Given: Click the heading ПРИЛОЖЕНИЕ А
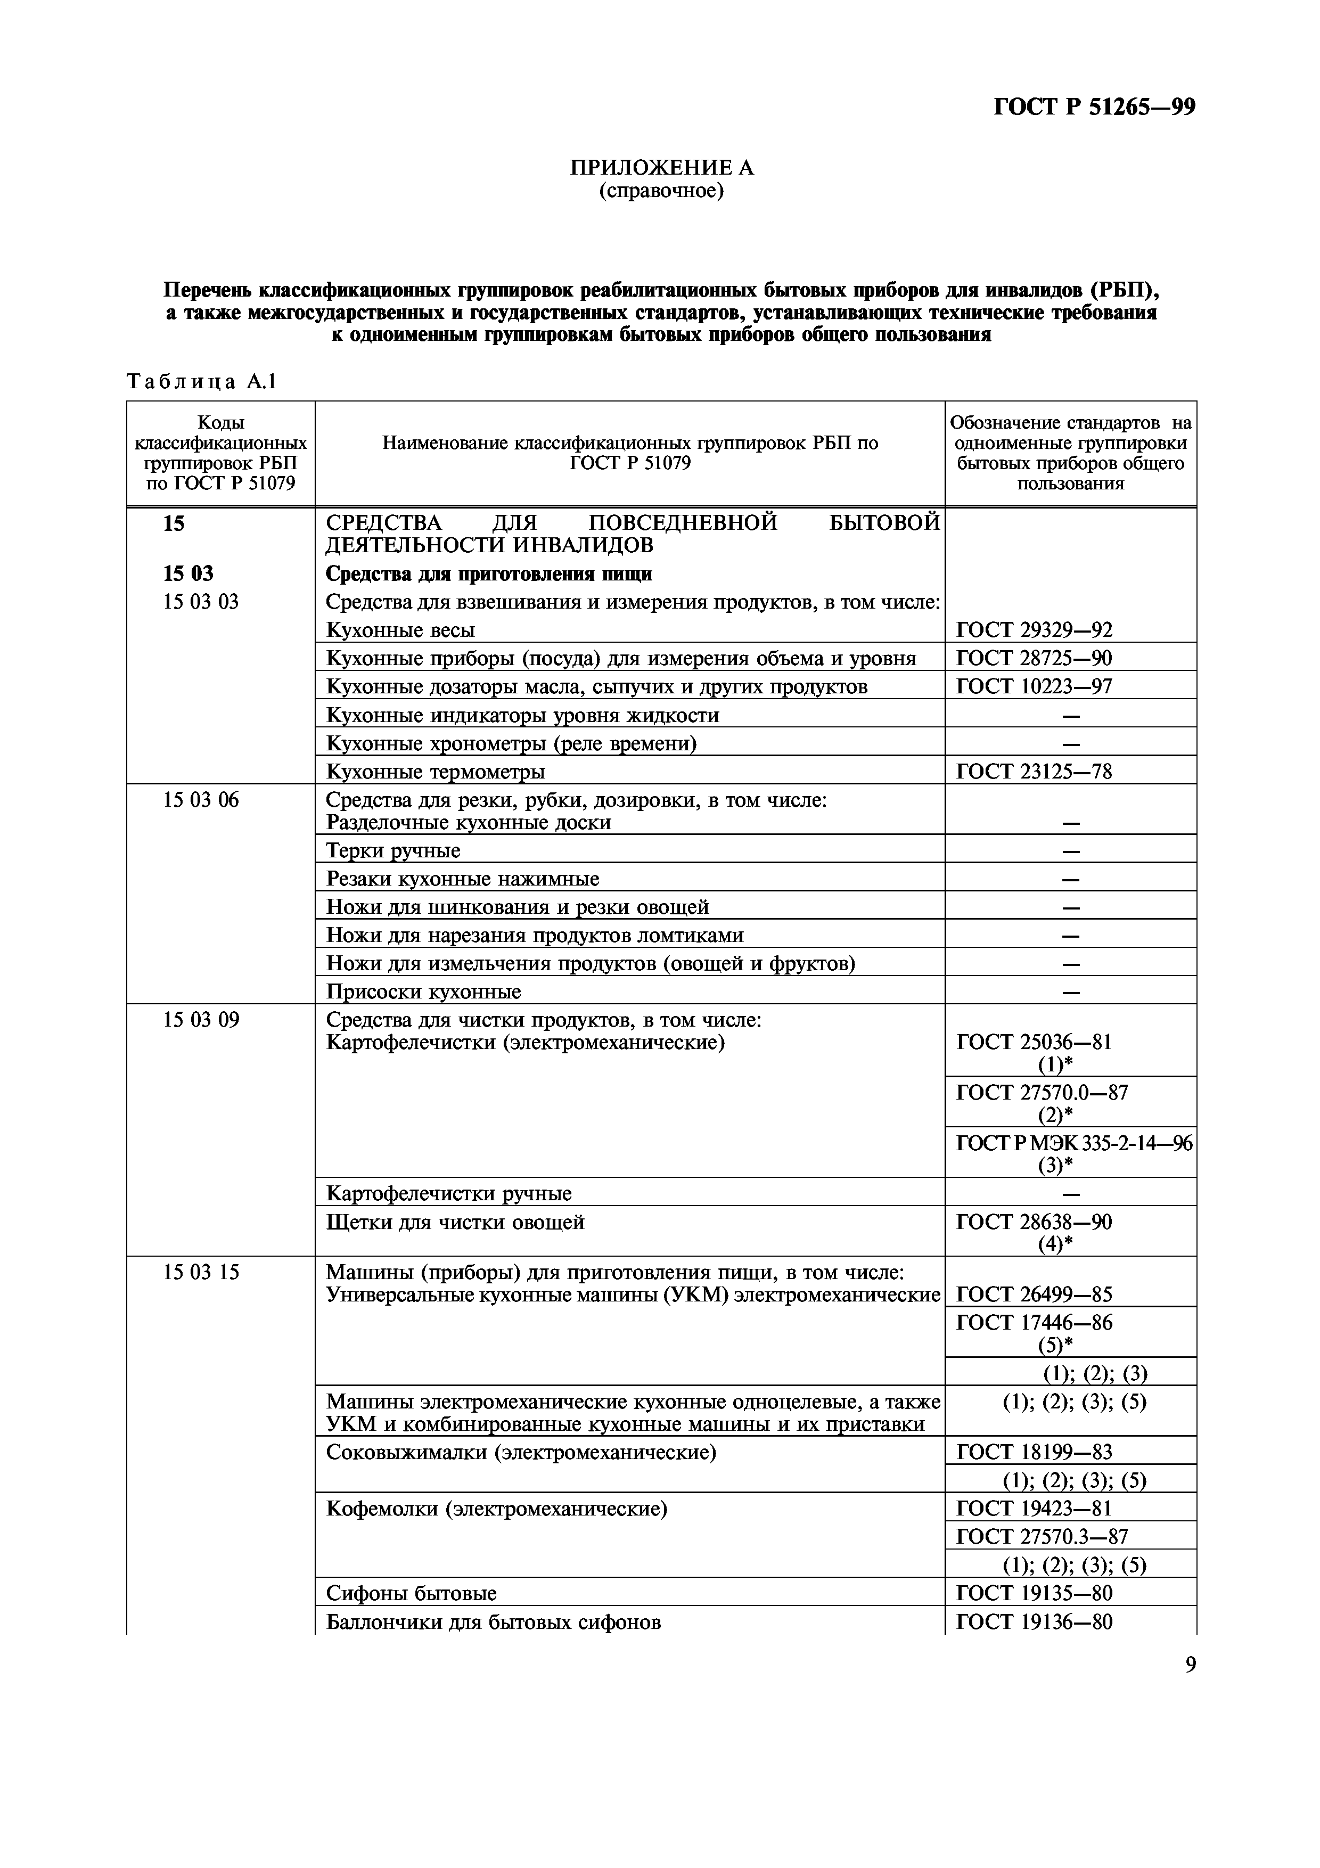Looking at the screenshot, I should pyautogui.click(x=661, y=168).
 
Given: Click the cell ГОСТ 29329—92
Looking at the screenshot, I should pyautogui.click(x=1034, y=630).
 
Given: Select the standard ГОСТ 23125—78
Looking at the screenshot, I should pyautogui.click(x=1034, y=771).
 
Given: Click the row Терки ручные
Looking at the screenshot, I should pyautogui.click(x=393, y=850).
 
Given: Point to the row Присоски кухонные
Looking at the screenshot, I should pyautogui.click(x=423, y=992).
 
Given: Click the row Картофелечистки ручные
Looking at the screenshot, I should pyautogui.click(x=448, y=1193).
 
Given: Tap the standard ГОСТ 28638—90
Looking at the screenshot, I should pyautogui.click(x=1034, y=1222).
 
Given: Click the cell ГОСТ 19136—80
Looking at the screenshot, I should pyautogui.click(x=1034, y=1621).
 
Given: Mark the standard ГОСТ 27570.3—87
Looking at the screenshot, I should pyautogui.click(x=1042, y=1536).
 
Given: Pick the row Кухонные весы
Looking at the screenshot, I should pyautogui.click(x=400, y=630).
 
